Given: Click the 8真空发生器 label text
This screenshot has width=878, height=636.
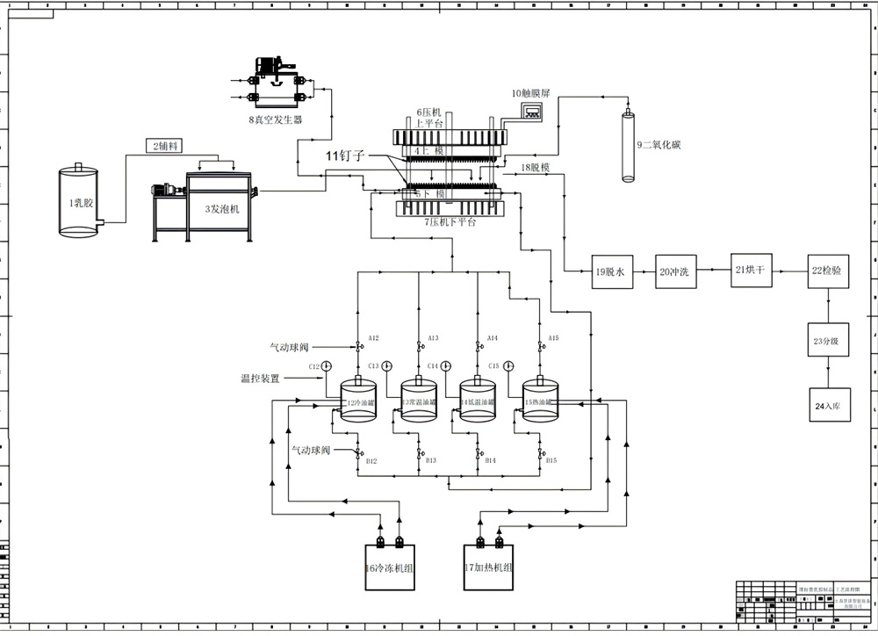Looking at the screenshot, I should (275, 119).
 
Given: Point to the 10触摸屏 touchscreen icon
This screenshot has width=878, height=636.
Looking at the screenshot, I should (529, 111).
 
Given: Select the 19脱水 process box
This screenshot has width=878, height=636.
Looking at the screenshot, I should (608, 272).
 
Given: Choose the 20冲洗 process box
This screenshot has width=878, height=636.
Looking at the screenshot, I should (674, 272).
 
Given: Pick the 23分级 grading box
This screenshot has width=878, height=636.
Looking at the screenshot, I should (830, 339).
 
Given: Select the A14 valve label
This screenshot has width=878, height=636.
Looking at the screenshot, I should (493, 338).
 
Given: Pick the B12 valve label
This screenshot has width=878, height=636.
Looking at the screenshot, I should (371, 460).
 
